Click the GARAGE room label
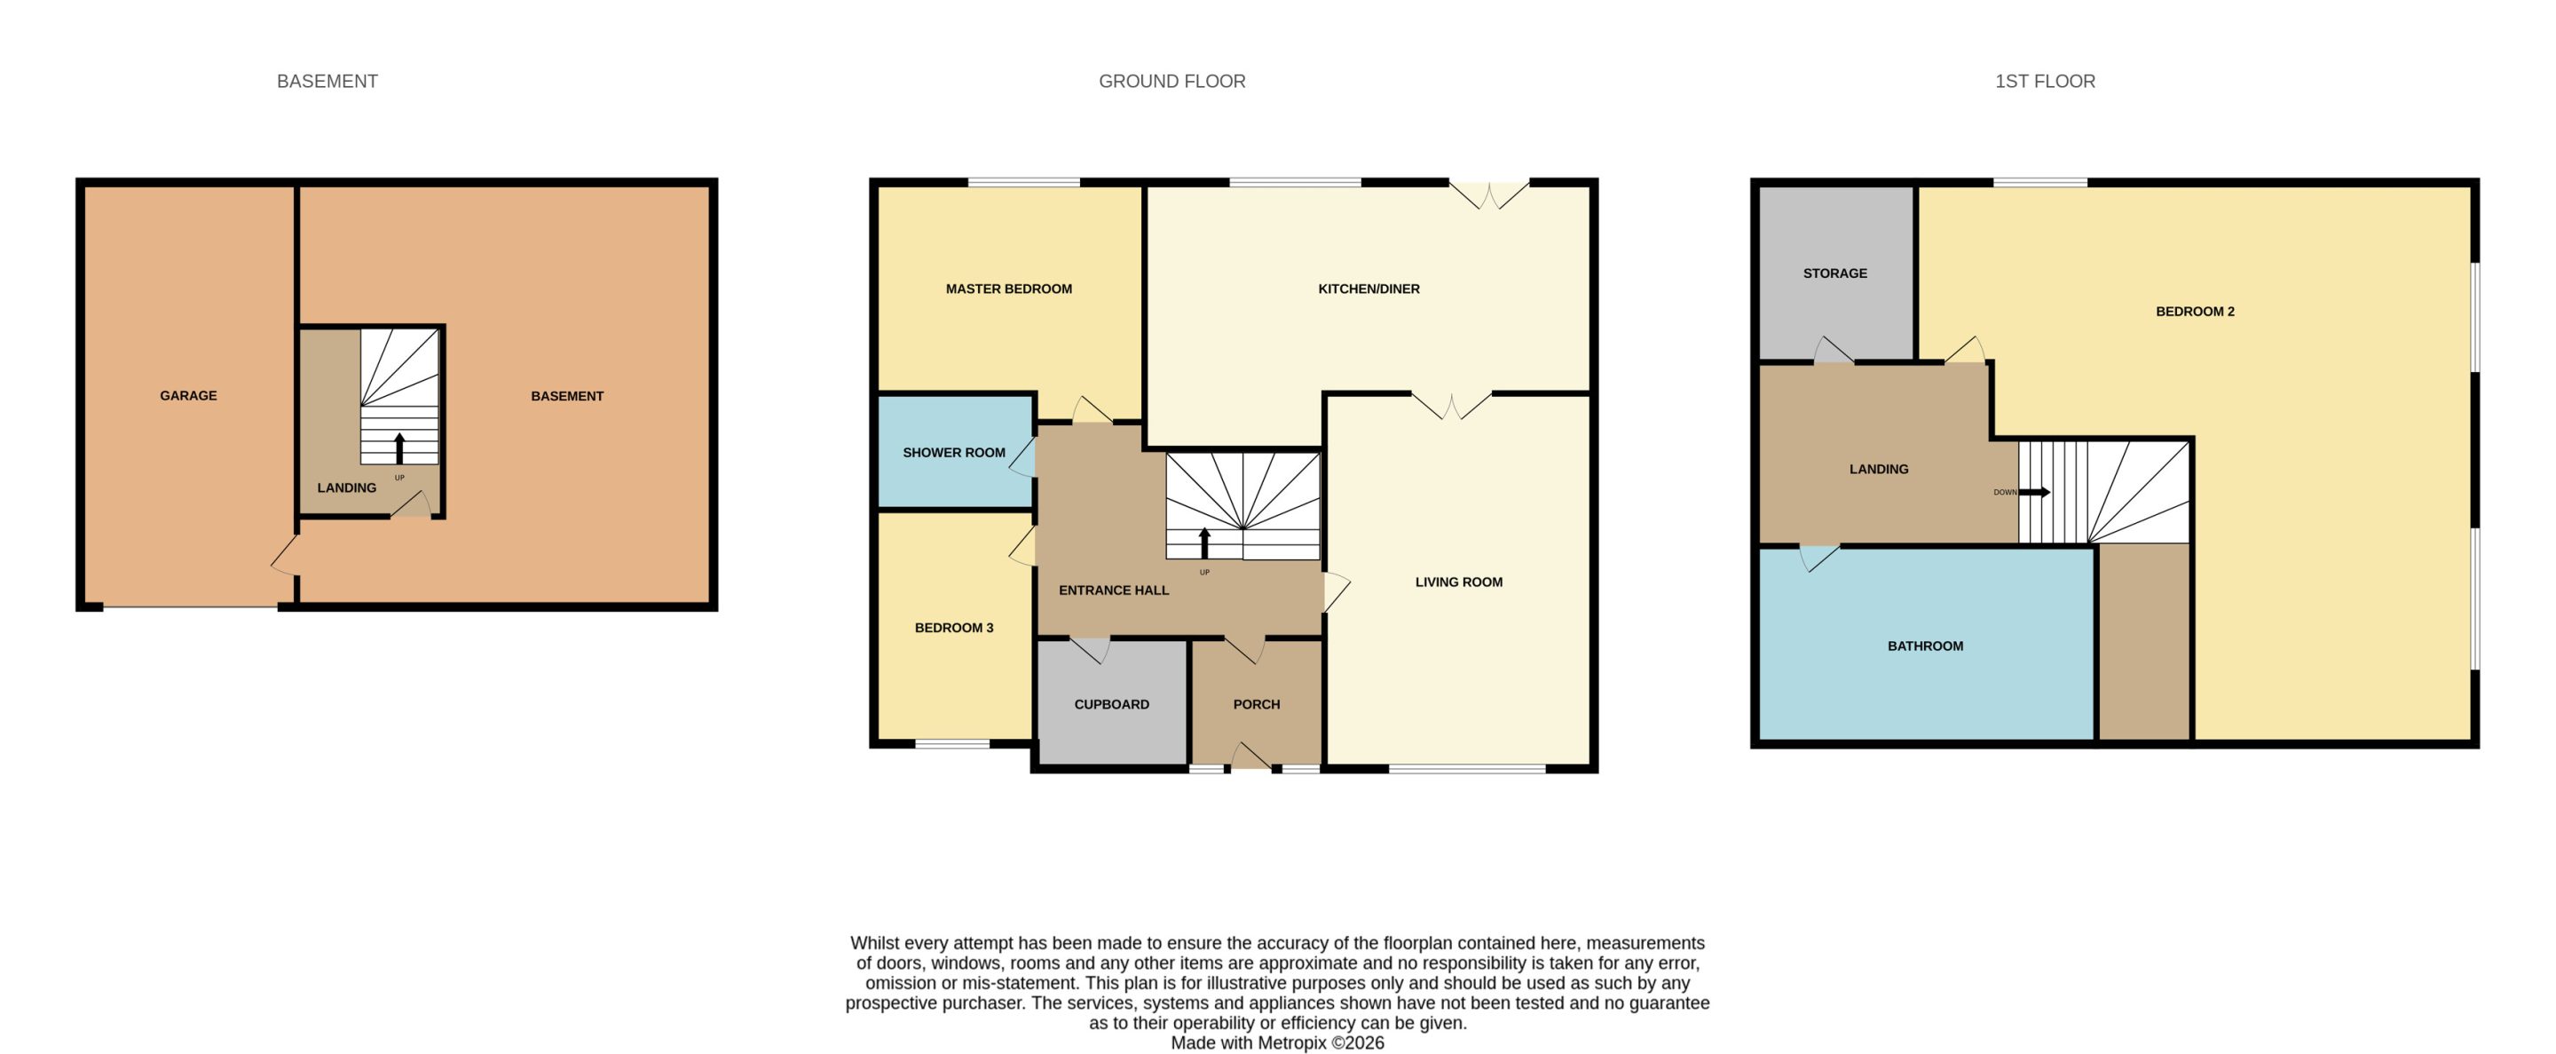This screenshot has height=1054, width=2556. (188, 396)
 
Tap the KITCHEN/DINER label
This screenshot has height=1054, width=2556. (1369, 289)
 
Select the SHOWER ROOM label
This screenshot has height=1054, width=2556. (953, 453)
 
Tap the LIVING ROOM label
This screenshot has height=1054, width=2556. (1458, 582)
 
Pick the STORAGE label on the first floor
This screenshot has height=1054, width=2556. (1834, 273)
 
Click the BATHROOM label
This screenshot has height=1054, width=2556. (1925, 646)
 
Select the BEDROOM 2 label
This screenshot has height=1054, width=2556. (2195, 312)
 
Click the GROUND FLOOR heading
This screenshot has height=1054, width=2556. (1171, 82)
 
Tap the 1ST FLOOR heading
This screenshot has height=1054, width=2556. (2045, 82)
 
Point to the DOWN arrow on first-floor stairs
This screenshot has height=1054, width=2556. (2034, 492)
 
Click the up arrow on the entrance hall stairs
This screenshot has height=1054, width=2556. (1204, 543)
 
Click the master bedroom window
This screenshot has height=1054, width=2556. (1023, 183)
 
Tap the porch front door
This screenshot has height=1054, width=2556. (1251, 757)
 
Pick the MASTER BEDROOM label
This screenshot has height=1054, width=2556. (1008, 289)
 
